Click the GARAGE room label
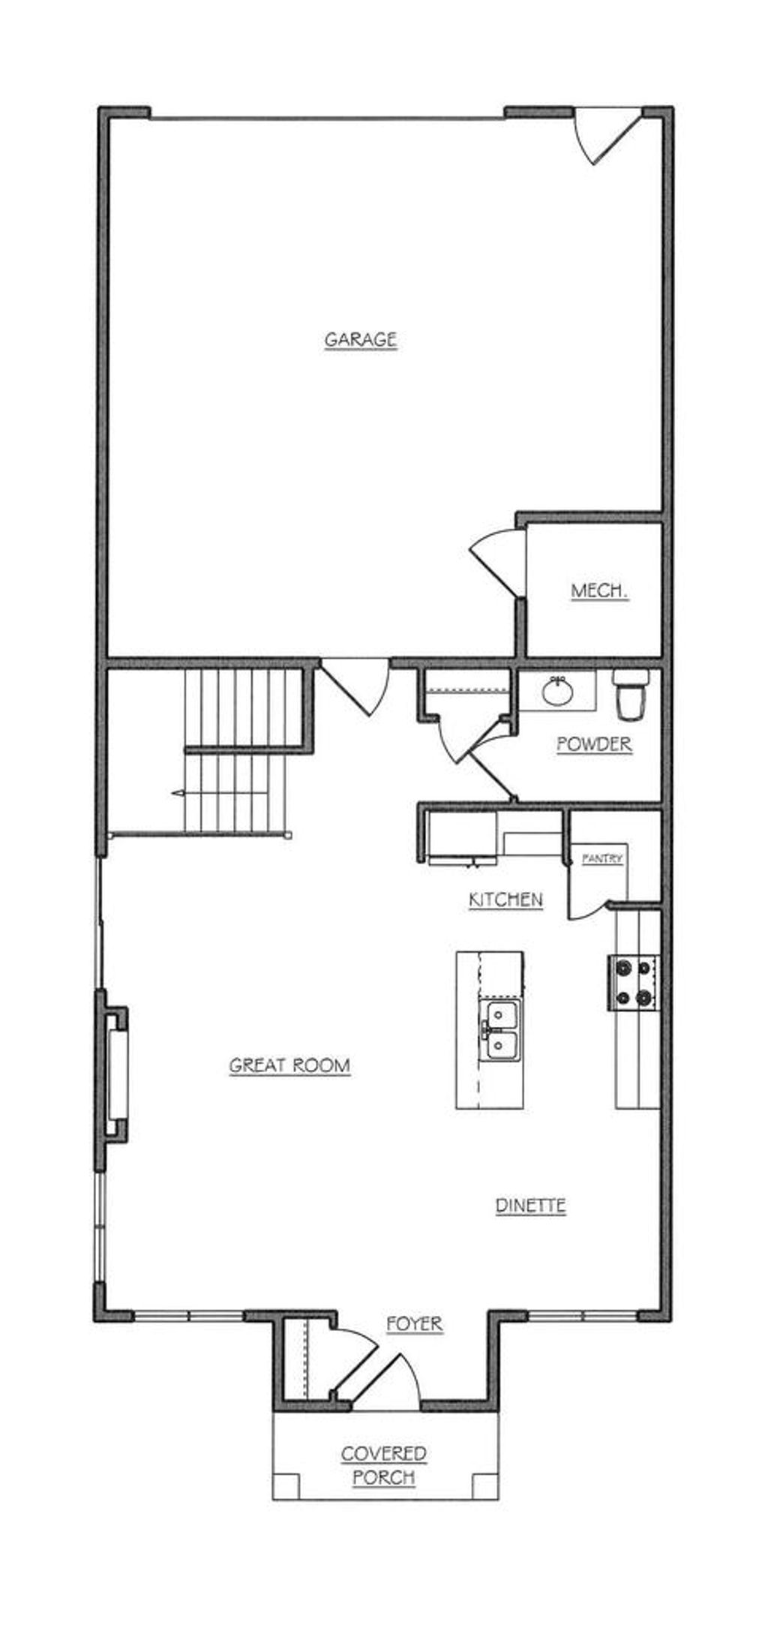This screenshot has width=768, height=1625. click(x=360, y=339)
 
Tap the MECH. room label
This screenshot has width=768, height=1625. click(x=599, y=590)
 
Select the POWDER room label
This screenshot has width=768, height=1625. click(x=594, y=743)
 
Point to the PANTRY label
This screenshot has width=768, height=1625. click(x=602, y=859)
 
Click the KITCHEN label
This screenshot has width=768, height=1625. click(x=505, y=899)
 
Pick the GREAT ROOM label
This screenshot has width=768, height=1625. click(x=289, y=1065)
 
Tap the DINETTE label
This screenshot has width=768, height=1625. click(x=530, y=1206)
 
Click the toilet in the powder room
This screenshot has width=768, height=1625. click(x=630, y=694)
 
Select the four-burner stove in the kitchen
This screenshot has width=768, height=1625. click(x=632, y=983)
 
